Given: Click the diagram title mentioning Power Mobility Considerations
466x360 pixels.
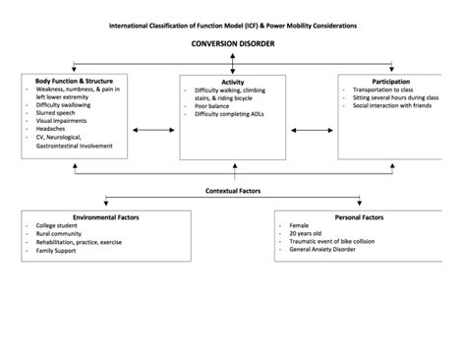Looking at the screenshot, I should point(233,24).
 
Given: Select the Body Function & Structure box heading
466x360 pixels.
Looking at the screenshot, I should point(77,81).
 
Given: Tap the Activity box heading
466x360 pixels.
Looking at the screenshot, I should point(233,83).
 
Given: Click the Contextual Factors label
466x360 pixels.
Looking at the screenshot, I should point(233,190).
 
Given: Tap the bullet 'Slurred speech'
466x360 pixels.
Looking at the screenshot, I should point(55,115).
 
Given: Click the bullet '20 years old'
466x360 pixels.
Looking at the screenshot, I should point(306,233).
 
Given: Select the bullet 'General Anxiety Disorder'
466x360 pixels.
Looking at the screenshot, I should point(327,251).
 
